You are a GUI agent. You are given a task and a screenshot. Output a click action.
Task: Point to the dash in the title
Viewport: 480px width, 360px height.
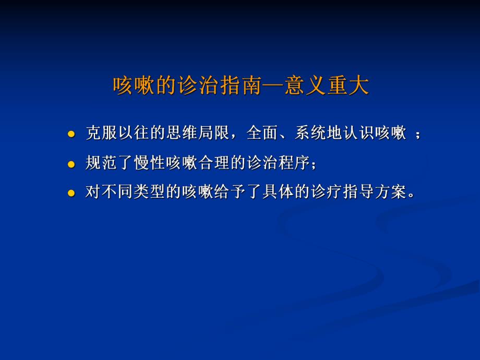point(275,86)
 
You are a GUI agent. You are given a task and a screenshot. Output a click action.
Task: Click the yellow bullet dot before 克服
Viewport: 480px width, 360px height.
point(71,134)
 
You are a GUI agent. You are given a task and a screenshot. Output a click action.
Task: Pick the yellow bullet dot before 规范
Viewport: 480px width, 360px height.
point(71,164)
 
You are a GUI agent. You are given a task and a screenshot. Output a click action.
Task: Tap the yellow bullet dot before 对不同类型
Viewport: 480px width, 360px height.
point(71,193)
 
